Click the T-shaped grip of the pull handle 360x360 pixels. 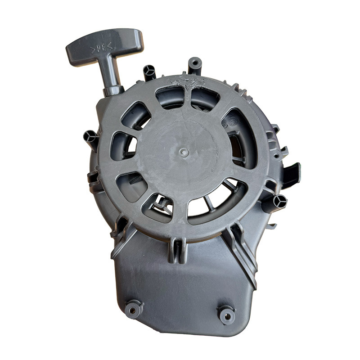104,47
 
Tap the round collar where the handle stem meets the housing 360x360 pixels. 113,91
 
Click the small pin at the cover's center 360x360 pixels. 184,152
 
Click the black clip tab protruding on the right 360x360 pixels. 292,175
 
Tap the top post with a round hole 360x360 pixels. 195,65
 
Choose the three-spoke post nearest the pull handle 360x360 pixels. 150,73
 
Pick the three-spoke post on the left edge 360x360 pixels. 91,139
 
